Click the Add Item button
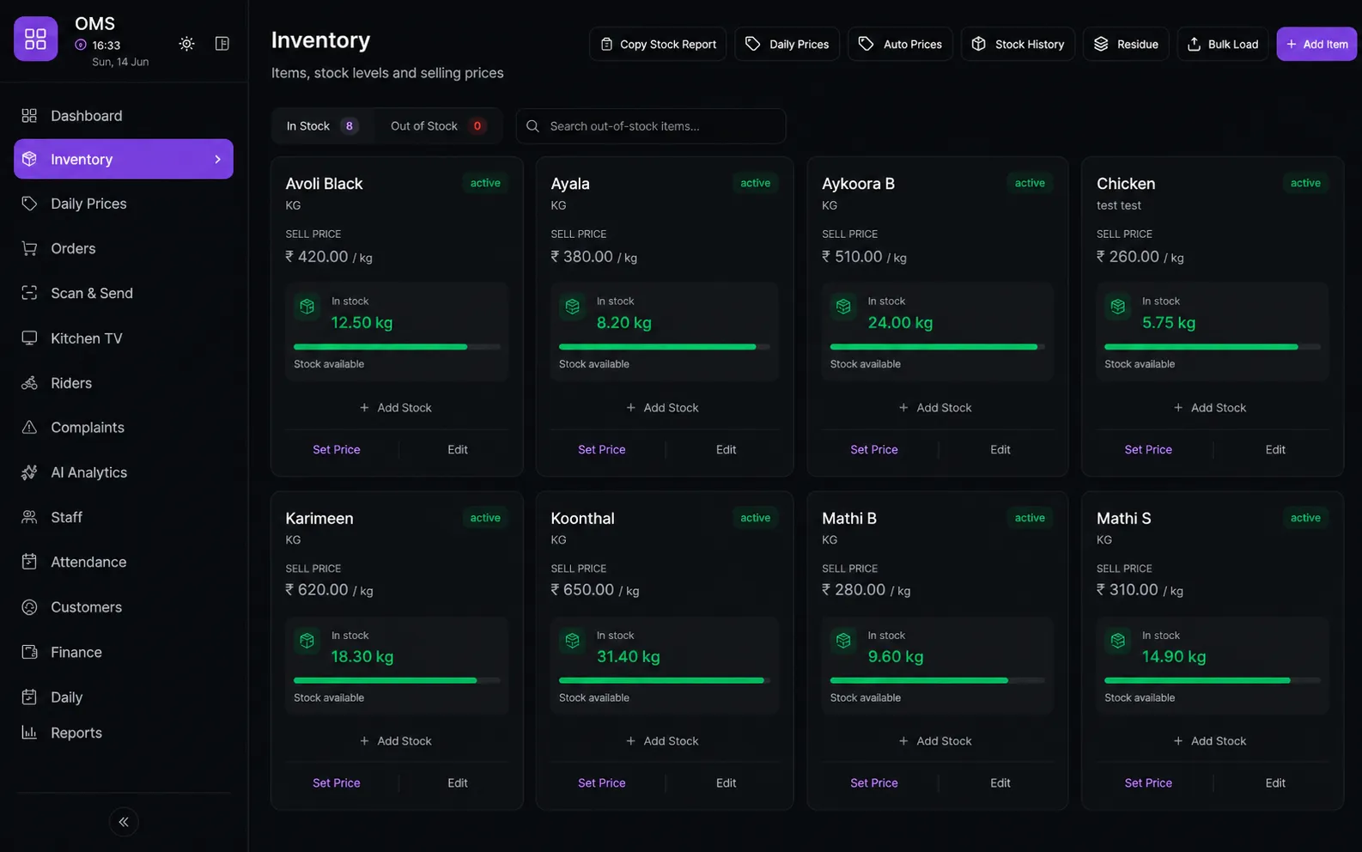[1316, 44]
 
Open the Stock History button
[1018, 44]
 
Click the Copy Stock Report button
[658, 44]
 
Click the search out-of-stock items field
[651, 126]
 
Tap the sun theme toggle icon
[186, 44]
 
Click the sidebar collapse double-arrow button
[124, 822]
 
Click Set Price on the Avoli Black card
[337, 449]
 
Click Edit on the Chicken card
[1275, 449]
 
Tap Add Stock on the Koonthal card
[662, 740]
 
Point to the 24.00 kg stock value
[900, 322]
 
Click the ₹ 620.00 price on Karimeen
[317, 590]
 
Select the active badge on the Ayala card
[755, 183]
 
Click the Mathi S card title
[1123, 518]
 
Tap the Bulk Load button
[1223, 44]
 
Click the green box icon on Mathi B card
[843, 641]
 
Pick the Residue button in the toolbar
[1126, 44]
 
